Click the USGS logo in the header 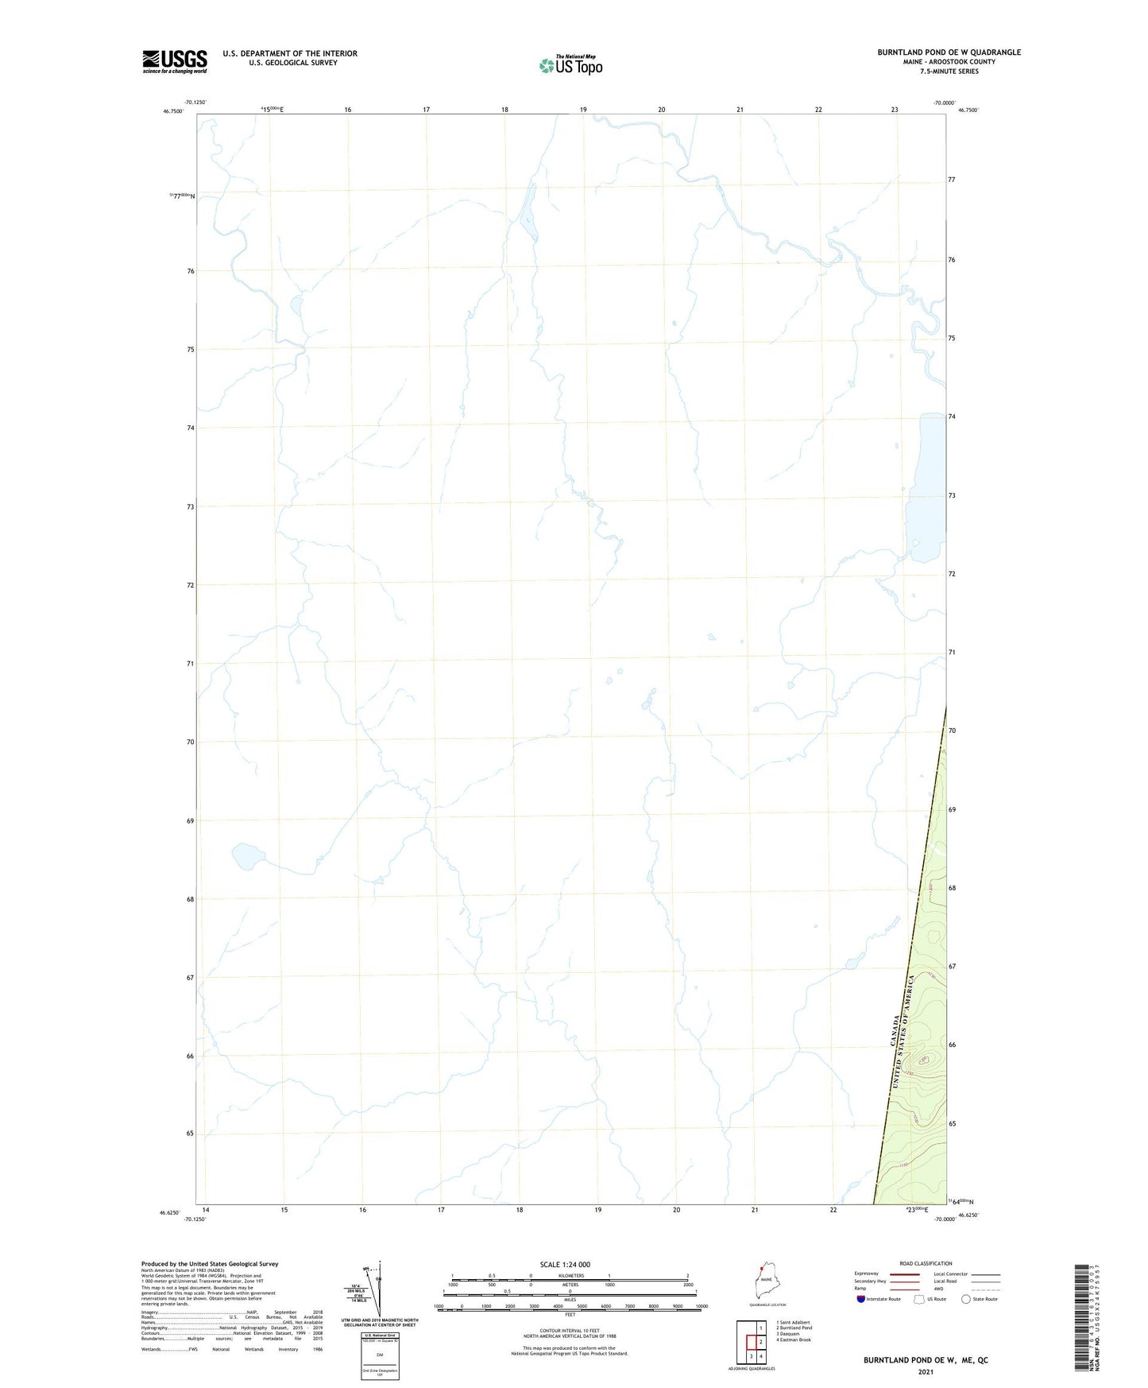pyautogui.click(x=175, y=61)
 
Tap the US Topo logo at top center pyautogui.click(x=570, y=64)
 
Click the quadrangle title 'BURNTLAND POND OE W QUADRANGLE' pyautogui.click(x=949, y=52)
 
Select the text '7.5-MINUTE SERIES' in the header pyautogui.click(x=949, y=72)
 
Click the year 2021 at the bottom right pyautogui.click(x=926, y=1372)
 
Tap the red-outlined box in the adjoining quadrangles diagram pyautogui.click(x=751, y=1342)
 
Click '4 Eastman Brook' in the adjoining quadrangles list pyautogui.click(x=794, y=1340)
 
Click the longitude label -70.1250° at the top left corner pyautogui.click(x=195, y=102)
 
